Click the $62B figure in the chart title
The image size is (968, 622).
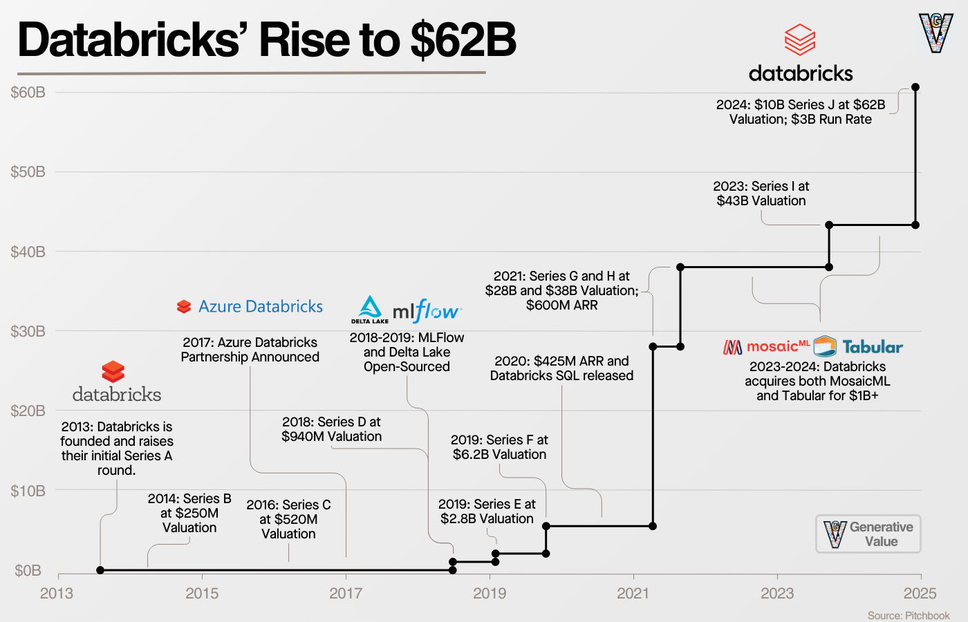[x=463, y=40]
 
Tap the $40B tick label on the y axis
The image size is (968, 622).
[x=28, y=252]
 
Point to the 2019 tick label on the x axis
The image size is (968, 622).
[x=490, y=593]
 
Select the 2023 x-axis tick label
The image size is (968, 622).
[x=777, y=593]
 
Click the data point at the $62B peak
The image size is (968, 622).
[x=915, y=87]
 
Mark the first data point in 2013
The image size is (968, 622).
[x=100, y=570]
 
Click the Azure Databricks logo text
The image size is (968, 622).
[x=260, y=306]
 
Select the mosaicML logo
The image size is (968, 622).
[x=766, y=346]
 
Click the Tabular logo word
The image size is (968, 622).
[x=872, y=347]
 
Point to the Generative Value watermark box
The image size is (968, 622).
[x=868, y=534]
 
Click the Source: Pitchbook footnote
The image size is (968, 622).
[x=909, y=615]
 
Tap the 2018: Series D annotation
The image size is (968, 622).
[x=331, y=429]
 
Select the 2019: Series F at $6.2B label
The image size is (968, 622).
[x=499, y=447]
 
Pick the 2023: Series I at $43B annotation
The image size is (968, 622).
[x=761, y=194]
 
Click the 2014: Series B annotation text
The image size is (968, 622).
[x=189, y=513]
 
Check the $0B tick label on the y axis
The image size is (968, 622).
[x=28, y=570]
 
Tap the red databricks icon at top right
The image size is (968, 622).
[x=800, y=39]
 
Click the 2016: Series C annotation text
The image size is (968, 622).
[x=288, y=519]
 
